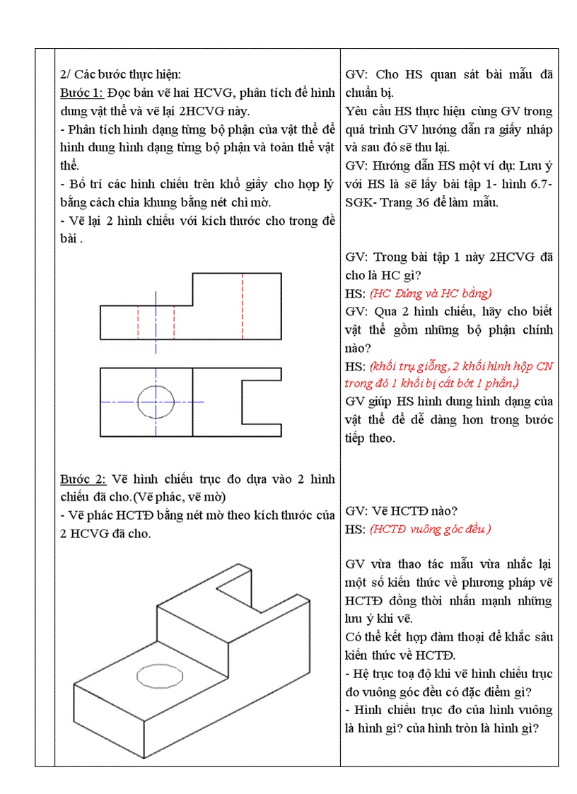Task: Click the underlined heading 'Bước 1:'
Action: coord(82,93)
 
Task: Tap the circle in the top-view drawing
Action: coord(156,402)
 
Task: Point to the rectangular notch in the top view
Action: coord(260,402)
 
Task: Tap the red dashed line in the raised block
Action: coord(243,305)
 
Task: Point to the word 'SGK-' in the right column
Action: coord(361,202)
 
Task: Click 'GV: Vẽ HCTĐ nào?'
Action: coord(402,510)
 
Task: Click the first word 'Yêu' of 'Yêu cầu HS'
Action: coord(358,111)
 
